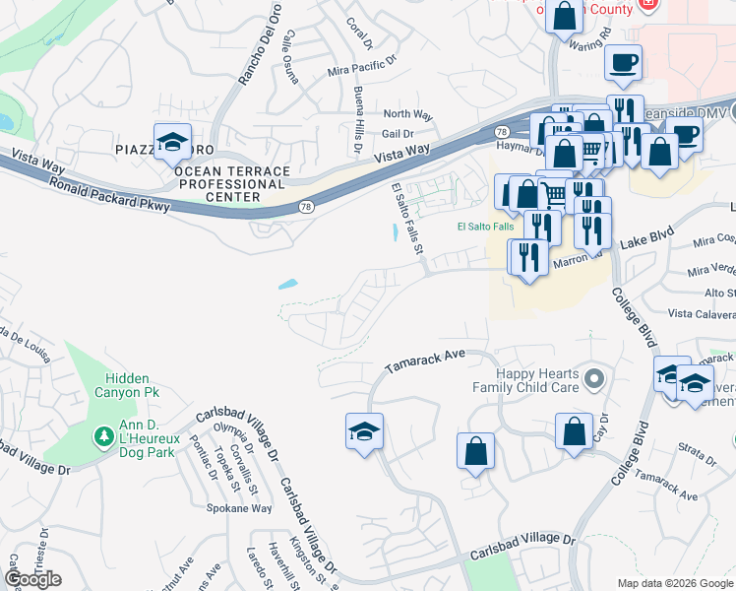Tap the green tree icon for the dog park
[x=101, y=435]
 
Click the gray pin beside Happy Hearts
[x=592, y=378]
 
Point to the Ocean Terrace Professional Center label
[x=231, y=183]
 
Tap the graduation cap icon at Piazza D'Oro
[x=172, y=143]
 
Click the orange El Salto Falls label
[x=485, y=227]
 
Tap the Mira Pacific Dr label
[x=360, y=73]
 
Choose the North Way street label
[x=407, y=115]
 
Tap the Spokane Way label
[x=239, y=508]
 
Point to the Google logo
[x=32, y=579]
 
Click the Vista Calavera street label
[x=702, y=313]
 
